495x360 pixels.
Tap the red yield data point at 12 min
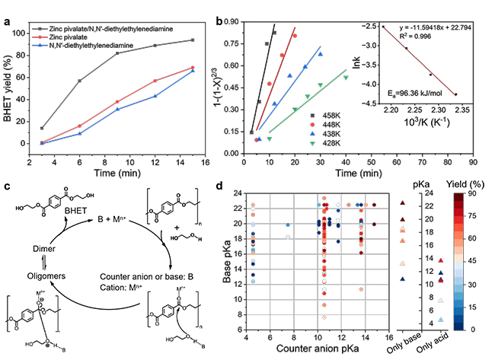pos(155,81)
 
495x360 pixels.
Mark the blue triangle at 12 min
pos(155,96)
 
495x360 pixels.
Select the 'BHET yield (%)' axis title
pos(10,84)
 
